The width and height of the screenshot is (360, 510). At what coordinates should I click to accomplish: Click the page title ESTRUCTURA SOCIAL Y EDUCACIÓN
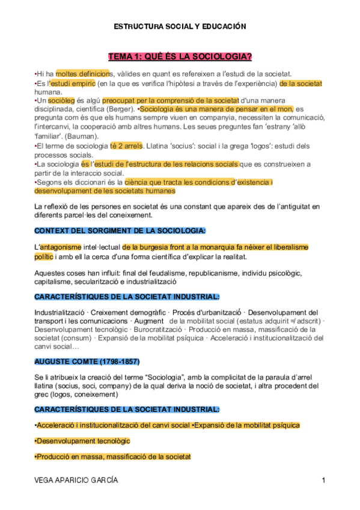(180, 26)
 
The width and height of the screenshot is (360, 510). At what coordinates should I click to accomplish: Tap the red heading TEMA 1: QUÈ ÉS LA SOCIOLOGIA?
(180, 57)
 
